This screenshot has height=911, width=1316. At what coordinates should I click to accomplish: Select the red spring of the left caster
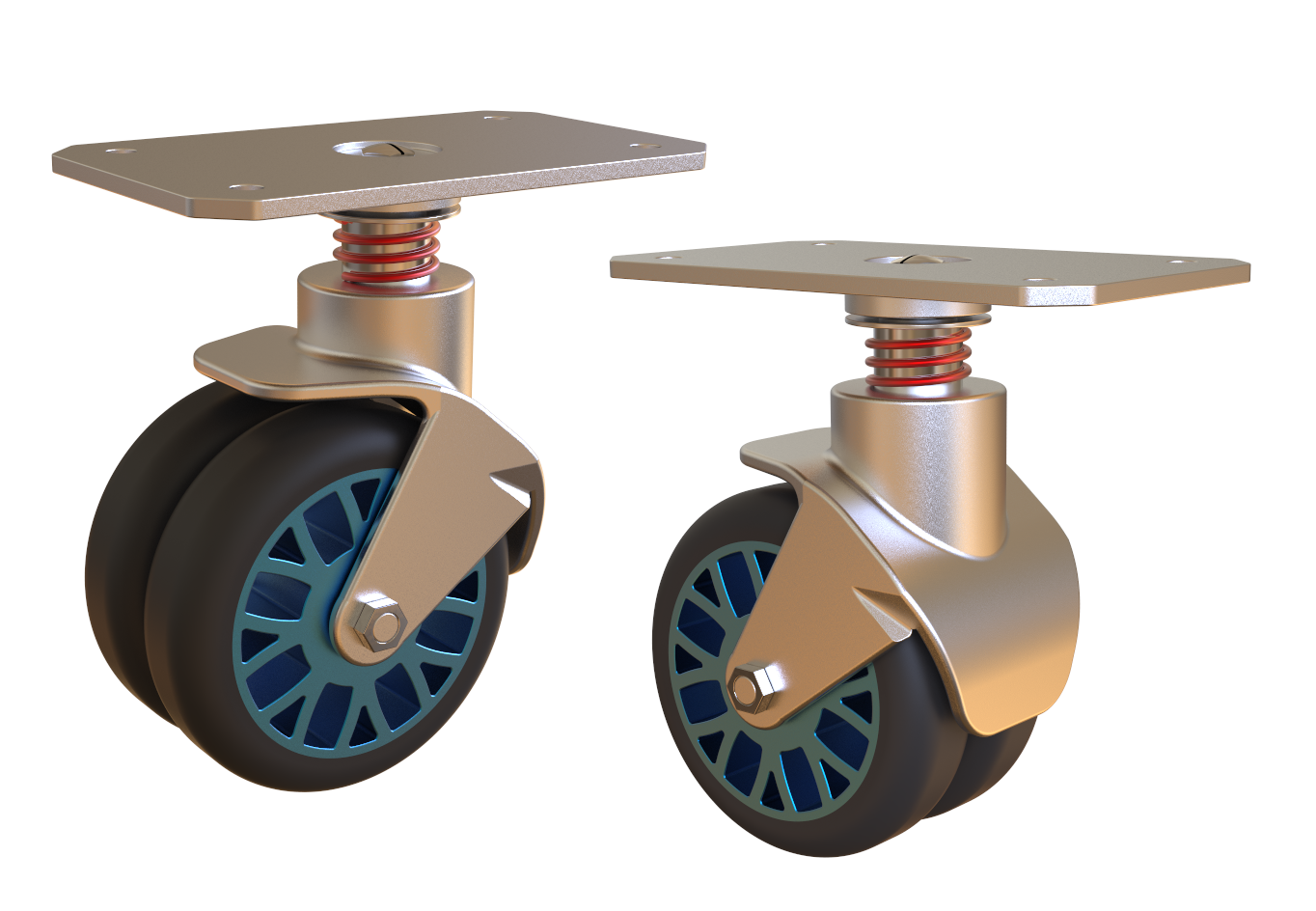coord(386,252)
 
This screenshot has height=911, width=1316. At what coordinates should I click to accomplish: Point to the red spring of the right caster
coord(918,358)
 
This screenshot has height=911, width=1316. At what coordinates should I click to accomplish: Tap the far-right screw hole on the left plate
coord(640,147)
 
